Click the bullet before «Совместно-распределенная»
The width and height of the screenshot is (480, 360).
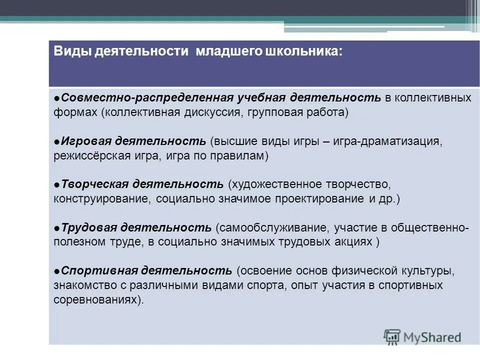[57, 97]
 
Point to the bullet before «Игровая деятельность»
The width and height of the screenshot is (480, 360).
[57, 140]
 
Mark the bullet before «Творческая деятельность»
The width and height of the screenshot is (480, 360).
[57, 183]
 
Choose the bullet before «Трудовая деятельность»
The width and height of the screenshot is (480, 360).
[57, 227]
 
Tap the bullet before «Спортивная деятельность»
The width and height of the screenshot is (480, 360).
[57, 270]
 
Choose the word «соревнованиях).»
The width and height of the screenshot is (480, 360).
[98, 300]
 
